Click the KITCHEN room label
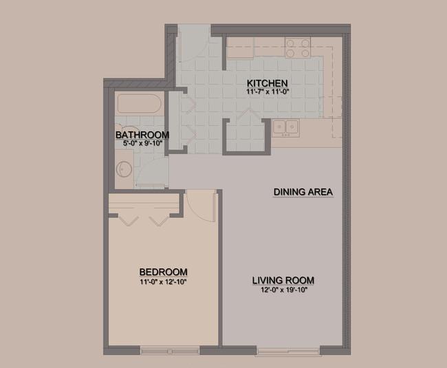tap(267, 83)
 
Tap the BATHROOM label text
tap(142, 135)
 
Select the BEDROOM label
tap(163, 272)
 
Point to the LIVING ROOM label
tap(283, 281)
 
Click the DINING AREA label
tap(303, 192)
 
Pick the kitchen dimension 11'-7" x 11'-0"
tap(268, 91)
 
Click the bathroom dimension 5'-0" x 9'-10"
tap(142, 143)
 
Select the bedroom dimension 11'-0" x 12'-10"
tap(163, 282)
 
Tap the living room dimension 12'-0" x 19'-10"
tap(284, 290)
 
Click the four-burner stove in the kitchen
tap(298, 48)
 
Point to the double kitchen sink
tap(285, 127)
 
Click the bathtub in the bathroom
tap(140, 103)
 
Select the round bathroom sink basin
tap(124, 169)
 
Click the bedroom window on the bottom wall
tap(170, 351)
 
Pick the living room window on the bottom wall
tap(288, 351)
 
